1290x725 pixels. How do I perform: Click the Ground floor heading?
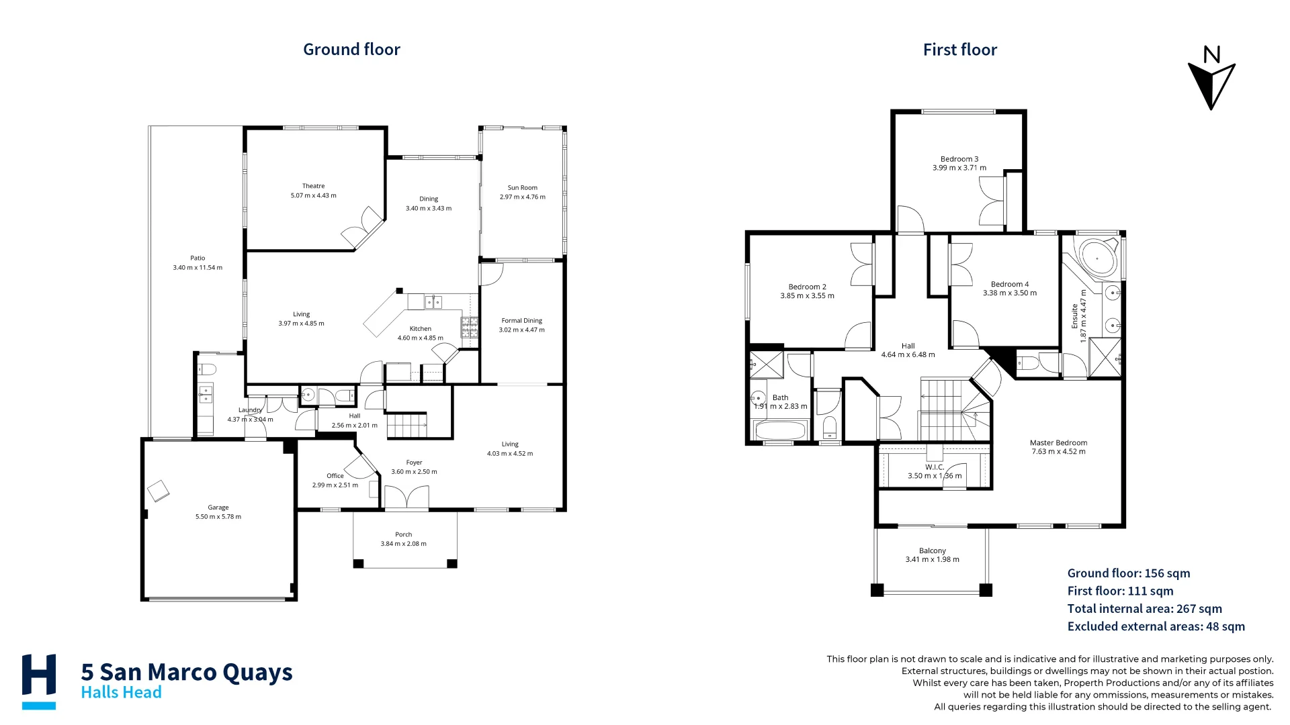coord(351,49)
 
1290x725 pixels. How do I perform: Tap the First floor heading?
coord(959,50)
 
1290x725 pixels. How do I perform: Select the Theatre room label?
coord(313,186)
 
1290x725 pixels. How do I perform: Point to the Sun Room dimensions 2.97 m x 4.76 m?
coord(522,197)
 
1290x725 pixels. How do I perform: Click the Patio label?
coord(198,258)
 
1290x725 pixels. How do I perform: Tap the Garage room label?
coord(218,507)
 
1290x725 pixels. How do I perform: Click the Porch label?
coord(403,534)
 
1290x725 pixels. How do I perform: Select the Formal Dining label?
coord(521,321)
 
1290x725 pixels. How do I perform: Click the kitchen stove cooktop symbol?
coord(469,327)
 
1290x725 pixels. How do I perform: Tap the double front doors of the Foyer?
coord(406,497)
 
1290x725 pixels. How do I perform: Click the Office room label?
coord(335,476)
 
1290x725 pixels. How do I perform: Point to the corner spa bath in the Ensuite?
coord(1096,258)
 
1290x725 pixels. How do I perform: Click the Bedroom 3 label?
coord(959,159)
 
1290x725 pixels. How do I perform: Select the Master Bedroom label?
coord(1058,443)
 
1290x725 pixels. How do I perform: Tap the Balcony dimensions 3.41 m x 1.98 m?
coord(932,560)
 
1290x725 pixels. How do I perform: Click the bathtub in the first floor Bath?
coord(781,430)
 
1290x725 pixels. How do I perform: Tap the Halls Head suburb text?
coord(121,693)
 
